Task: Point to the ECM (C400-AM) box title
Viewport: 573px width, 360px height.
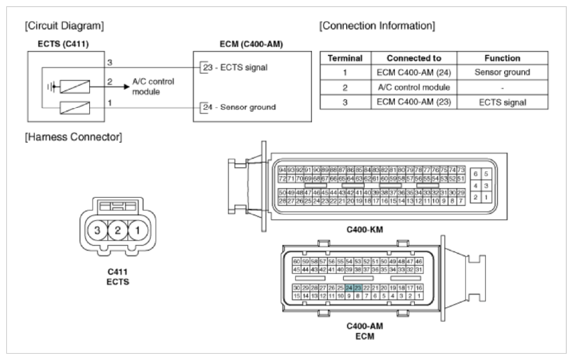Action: [x=240, y=44]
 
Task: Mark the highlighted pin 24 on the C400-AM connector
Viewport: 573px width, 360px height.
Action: [x=350, y=288]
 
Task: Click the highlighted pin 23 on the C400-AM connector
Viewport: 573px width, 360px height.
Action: [x=358, y=288]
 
